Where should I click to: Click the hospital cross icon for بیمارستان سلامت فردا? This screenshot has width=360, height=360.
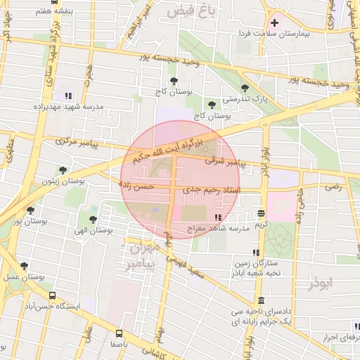pos(275,22)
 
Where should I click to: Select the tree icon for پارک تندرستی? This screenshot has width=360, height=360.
pos(245,88)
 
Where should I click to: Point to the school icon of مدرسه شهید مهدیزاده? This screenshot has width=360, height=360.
pos(67,96)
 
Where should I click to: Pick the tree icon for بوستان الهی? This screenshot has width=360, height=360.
pos(93,219)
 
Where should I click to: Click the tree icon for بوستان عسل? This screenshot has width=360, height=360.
pos(25,266)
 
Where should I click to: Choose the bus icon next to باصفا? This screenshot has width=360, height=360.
pos(118,333)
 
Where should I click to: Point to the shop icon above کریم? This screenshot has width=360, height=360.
pos(262,212)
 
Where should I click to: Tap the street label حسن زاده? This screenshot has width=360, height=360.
pos(136,186)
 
